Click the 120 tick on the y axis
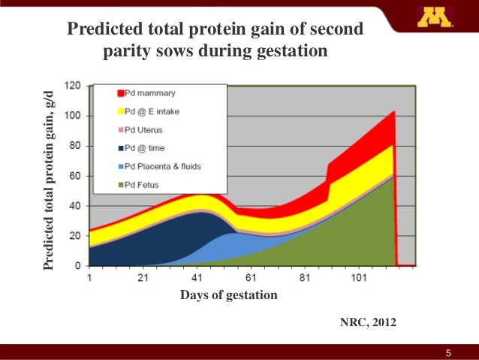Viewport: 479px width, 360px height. click(74, 86)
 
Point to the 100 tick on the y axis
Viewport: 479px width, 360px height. click(74, 116)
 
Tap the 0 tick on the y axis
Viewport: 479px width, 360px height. click(78, 266)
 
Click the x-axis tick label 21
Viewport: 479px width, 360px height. click(143, 278)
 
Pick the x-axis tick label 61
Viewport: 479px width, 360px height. click(251, 278)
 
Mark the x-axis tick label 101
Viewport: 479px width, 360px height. click(359, 278)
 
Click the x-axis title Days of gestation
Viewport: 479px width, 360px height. click(229, 295)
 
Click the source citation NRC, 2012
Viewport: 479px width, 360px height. click(366, 322)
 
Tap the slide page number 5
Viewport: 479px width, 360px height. click(449, 352)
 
